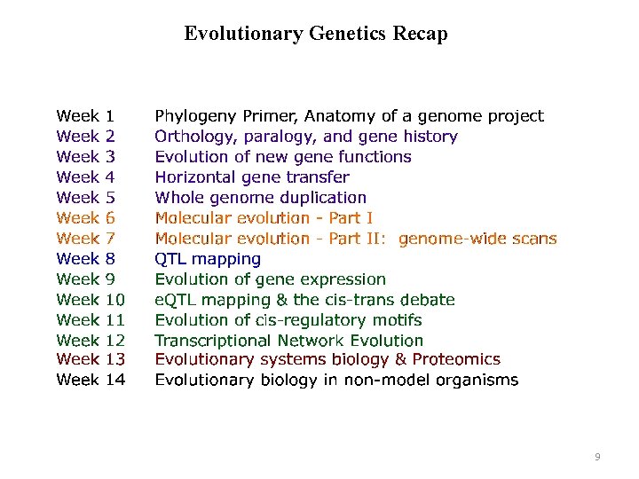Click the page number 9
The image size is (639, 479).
tap(597, 457)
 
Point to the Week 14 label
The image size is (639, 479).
tap(91, 381)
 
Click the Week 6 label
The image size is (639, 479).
tap(85, 218)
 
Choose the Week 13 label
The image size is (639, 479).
tap(91, 360)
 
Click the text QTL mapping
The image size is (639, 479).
tap(208, 259)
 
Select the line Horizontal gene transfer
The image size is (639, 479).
tap(252, 177)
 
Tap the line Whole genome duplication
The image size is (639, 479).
tap(260, 198)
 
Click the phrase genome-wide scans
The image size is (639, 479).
tap(477, 239)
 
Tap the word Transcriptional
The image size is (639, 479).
tap(213, 341)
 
